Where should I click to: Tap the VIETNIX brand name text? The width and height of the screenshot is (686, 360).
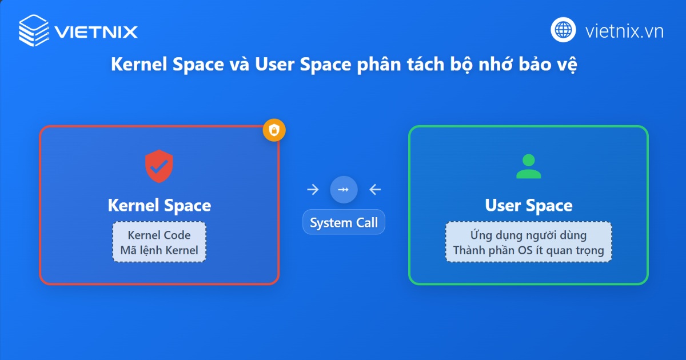click(x=96, y=31)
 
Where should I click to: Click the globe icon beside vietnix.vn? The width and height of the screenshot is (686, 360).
click(x=563, y=30)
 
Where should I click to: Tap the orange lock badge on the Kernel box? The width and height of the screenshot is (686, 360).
click(x=274, y=131)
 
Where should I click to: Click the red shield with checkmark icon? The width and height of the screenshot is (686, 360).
click(x=158, y=165)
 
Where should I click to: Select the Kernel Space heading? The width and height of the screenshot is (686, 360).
click(x=159, y=205)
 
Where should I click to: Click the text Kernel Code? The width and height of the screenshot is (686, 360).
click(x=159, y=235)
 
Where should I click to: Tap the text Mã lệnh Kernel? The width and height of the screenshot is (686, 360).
click(x=159, y=250)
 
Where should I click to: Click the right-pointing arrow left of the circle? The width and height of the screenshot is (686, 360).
click(x=313, y=190)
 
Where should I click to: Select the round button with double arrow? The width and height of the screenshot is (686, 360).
click(x=344, y=190)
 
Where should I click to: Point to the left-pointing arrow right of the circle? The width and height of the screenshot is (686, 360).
click(x=375, y=190)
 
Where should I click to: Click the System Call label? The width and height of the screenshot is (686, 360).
click(x=344, y=223)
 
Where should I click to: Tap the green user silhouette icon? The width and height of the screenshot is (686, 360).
click(x=528, y=166)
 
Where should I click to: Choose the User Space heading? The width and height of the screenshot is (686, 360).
click(x=528, y=205)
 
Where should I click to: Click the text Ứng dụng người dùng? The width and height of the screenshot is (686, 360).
click(x=528, y=235)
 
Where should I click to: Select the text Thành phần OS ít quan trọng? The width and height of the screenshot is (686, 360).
click(x=528, y=250)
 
